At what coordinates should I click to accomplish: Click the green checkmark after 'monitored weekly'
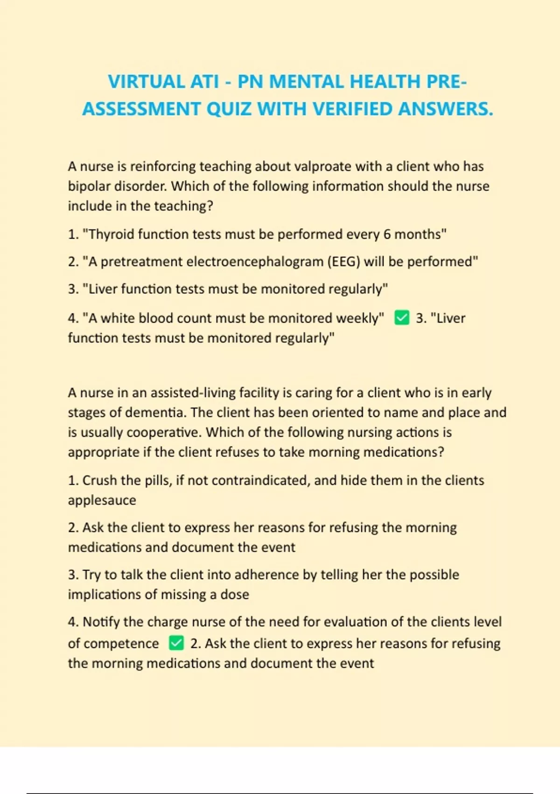(x=401, y=318)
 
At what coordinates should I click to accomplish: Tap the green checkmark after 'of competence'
(x=176, y=643)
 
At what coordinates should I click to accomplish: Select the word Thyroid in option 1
(x=112, y=234)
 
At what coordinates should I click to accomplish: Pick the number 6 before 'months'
(x=387, y=234)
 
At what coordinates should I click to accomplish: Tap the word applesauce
(x=102, y=500)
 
